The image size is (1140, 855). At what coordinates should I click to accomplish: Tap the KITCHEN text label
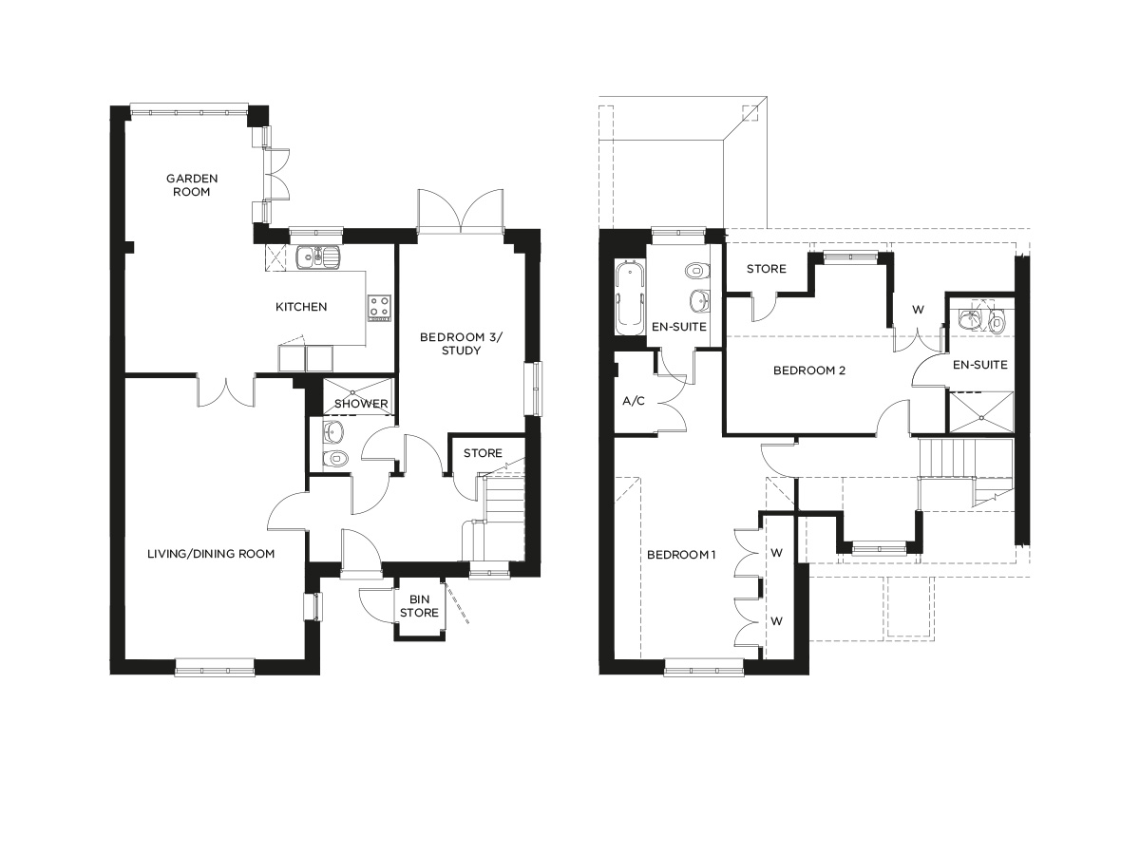(x=301, y=307)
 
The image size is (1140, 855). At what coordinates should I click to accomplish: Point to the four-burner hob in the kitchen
(x=380, y=307)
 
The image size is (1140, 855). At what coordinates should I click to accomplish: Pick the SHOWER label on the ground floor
(x=362, y=404)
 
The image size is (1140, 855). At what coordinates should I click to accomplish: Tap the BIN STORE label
(x=419, y=606)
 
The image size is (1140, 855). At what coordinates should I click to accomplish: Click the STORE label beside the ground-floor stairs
(x=483, y=453)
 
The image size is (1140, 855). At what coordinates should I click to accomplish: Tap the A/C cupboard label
(x=634, y=401)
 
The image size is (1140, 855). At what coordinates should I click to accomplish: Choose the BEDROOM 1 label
(x=681, y=555)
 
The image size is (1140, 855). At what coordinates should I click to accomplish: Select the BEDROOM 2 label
(x=808, y=370)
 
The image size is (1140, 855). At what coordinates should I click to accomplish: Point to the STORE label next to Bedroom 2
(x=766, y=269)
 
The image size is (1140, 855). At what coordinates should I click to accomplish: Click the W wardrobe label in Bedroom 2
(x=918, y=309)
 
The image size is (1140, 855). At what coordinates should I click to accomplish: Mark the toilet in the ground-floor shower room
(x=334, y=460)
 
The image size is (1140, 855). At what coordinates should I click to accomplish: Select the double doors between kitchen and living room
(x=226, y=389)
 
